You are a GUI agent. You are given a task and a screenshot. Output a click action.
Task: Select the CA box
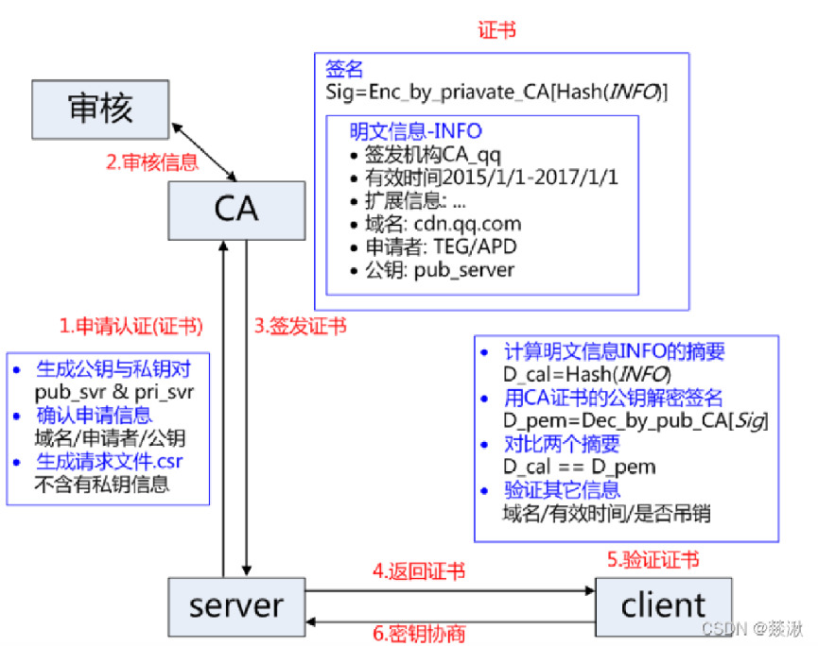[235, 208]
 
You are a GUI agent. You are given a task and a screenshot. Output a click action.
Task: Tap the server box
[235, 604]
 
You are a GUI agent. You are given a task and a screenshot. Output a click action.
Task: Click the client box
[663, 604]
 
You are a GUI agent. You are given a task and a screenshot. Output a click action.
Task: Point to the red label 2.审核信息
[151, 162]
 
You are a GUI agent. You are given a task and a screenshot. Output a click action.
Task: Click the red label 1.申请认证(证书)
[131, 327]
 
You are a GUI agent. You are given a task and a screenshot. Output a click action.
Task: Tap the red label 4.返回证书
[418, 571]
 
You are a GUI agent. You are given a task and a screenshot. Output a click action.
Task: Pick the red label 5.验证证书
[653, 560]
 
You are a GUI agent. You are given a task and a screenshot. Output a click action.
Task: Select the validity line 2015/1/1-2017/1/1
[483, 178]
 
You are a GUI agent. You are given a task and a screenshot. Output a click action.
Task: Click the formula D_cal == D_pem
[579, 467]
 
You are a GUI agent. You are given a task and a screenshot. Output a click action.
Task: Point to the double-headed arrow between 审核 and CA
[203, 149]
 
